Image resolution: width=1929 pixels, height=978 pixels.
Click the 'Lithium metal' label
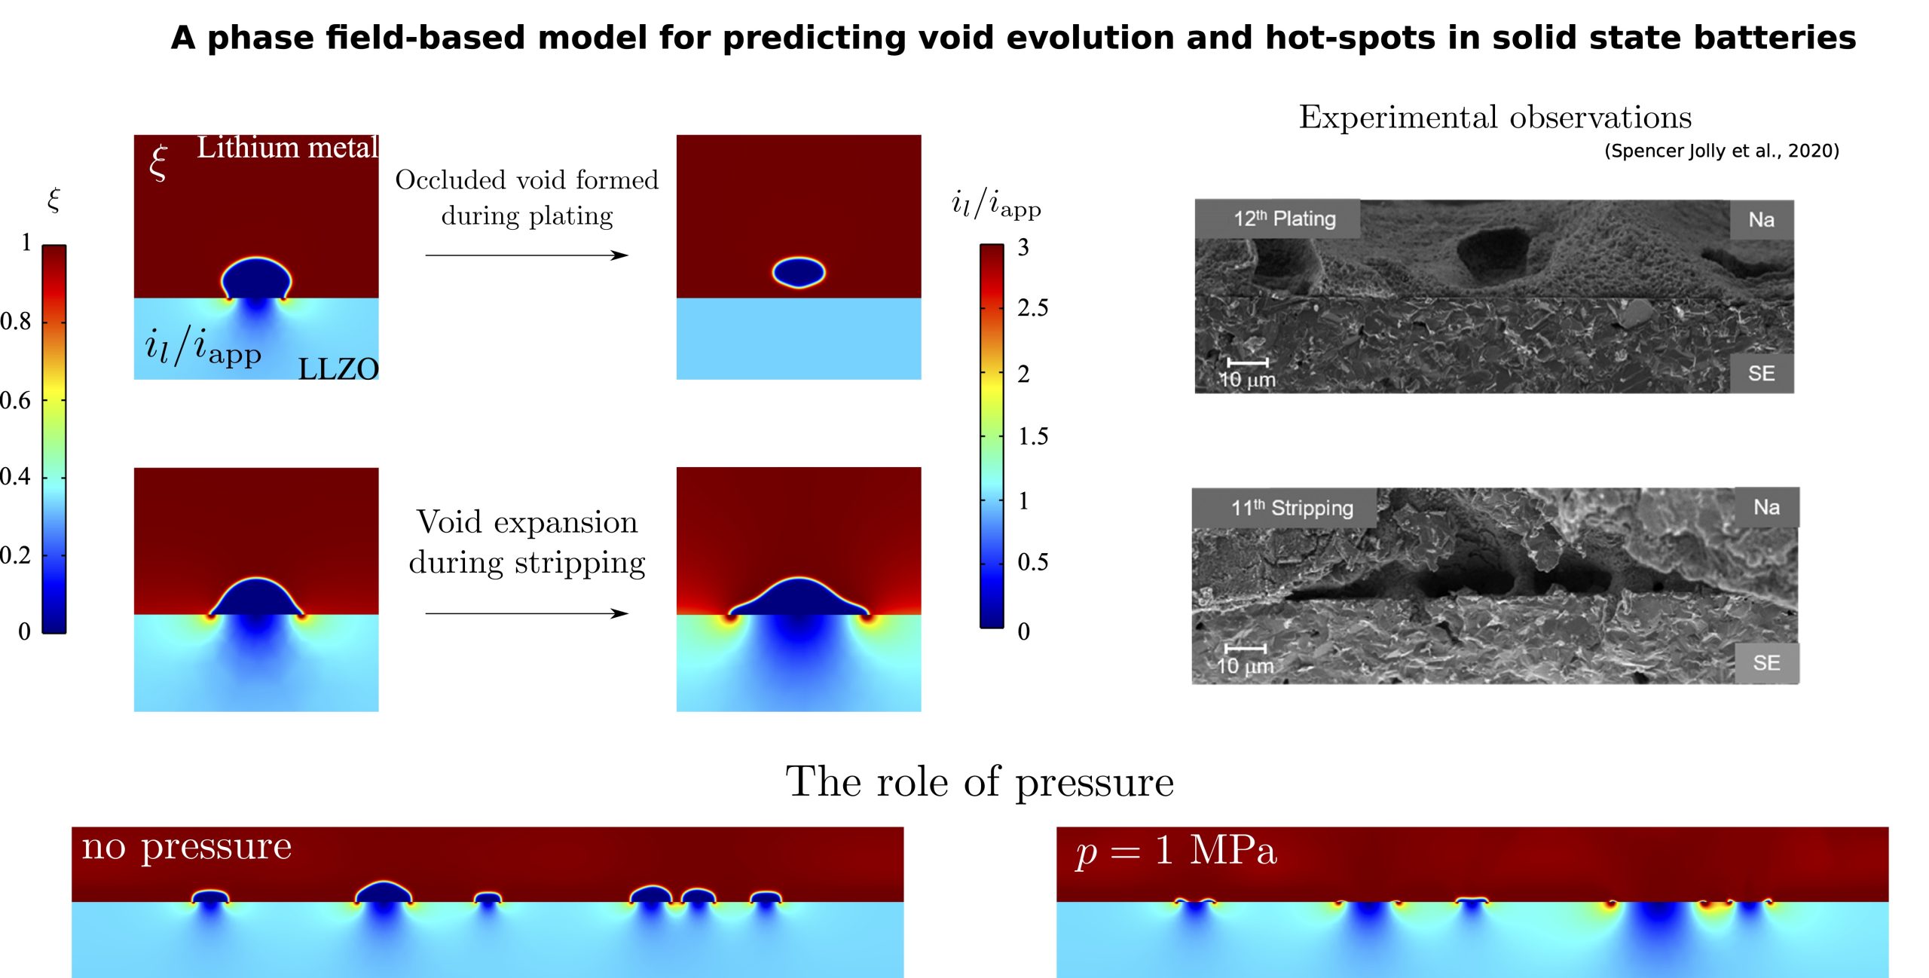[x=287, y=148]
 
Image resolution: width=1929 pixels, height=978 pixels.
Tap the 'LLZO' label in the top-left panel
[x=338, y=368]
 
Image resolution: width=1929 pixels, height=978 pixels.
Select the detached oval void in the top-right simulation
[x=799, y=273]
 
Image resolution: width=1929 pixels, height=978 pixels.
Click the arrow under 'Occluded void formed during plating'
[x=527, y=255]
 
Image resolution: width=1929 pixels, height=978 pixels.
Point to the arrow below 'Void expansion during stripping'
[x=527, y=613]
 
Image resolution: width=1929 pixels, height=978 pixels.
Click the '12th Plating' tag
[x=1284, y=219]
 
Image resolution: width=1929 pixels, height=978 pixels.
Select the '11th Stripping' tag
[x=1292, y=508]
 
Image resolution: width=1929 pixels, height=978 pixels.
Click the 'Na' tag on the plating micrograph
[x=1761, y=220]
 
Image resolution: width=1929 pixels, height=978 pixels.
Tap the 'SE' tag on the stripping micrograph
[x=1766, y=663]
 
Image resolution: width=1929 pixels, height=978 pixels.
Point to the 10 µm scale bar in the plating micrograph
[x=1247, y=362]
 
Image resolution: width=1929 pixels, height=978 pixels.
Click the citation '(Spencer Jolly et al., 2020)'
[x=1721, y=151]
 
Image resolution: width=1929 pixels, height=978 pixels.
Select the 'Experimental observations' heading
[x=1495, y=118]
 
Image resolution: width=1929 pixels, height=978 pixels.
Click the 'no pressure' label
[x=186, y=846]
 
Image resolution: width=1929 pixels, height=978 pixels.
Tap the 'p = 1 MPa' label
[x=1175, y=851]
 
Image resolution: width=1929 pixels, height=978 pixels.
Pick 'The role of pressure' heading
[x=980, y=781]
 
